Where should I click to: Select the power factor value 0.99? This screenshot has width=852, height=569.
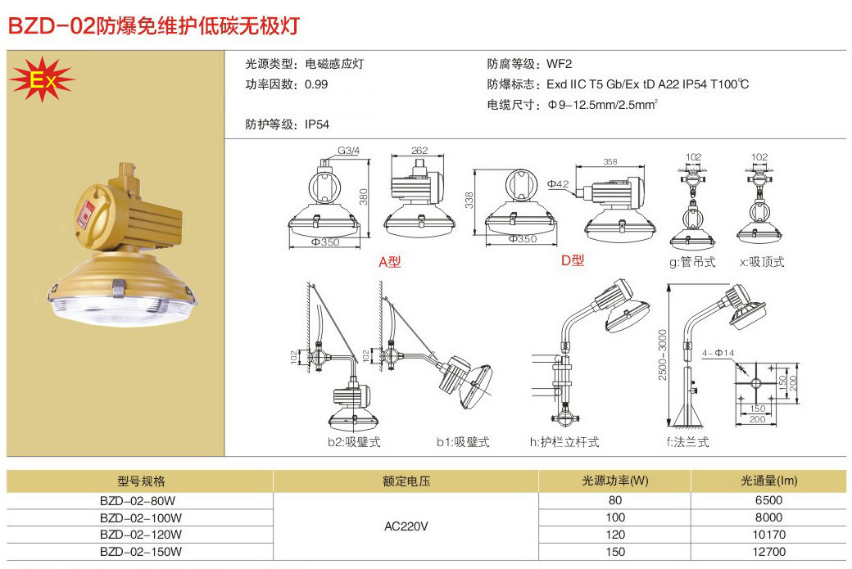pos(315,84)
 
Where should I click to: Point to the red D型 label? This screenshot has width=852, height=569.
pos(573,260)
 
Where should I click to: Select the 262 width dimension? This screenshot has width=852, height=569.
pos(420,151)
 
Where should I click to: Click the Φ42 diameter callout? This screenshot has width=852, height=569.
pos(558,184)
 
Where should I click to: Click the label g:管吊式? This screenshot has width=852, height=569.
pos(692,262)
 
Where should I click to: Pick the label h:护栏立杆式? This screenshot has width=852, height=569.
pos(564,442)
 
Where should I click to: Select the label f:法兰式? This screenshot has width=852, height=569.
pos(687,442)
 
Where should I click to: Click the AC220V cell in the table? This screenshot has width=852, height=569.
pos(406,526)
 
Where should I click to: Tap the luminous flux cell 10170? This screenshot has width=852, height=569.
pos(768,535)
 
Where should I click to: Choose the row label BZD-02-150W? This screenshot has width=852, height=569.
pos(141,552)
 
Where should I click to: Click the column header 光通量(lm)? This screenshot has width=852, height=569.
pos(768,481)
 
